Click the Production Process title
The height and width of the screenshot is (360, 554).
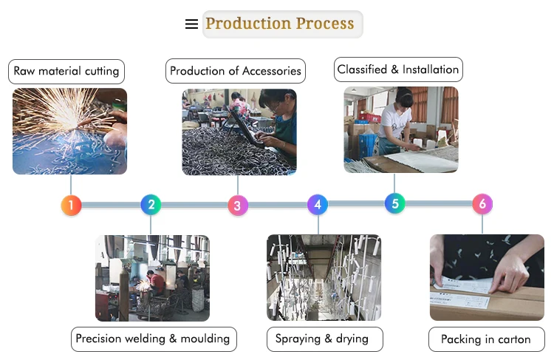(280, 24)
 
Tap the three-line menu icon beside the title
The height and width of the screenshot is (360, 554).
(191, 24)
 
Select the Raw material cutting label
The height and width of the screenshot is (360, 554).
(66, 72)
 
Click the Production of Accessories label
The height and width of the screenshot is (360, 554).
(236, 71)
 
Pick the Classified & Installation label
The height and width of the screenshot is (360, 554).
(398, 70)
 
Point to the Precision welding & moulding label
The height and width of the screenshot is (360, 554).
(154, 339)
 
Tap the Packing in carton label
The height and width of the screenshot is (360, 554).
(486, 339)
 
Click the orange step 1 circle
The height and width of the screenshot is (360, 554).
(71, 205)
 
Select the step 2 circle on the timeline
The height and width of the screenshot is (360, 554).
(151, 204)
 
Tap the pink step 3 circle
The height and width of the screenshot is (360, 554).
(237, 206)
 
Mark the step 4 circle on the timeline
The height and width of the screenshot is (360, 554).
(318, 204)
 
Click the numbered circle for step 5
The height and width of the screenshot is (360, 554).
(395, 203)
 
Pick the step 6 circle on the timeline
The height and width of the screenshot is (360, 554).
(482, 204)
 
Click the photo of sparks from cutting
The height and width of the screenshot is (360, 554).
(69, 132)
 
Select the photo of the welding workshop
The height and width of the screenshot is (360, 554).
(152, 278)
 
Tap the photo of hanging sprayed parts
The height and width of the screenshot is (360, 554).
(324, 278)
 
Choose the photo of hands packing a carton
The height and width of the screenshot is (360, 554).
(487, 278)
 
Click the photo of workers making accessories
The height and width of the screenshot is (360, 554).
(239, 132)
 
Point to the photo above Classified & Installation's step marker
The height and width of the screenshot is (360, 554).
(400, 130)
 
